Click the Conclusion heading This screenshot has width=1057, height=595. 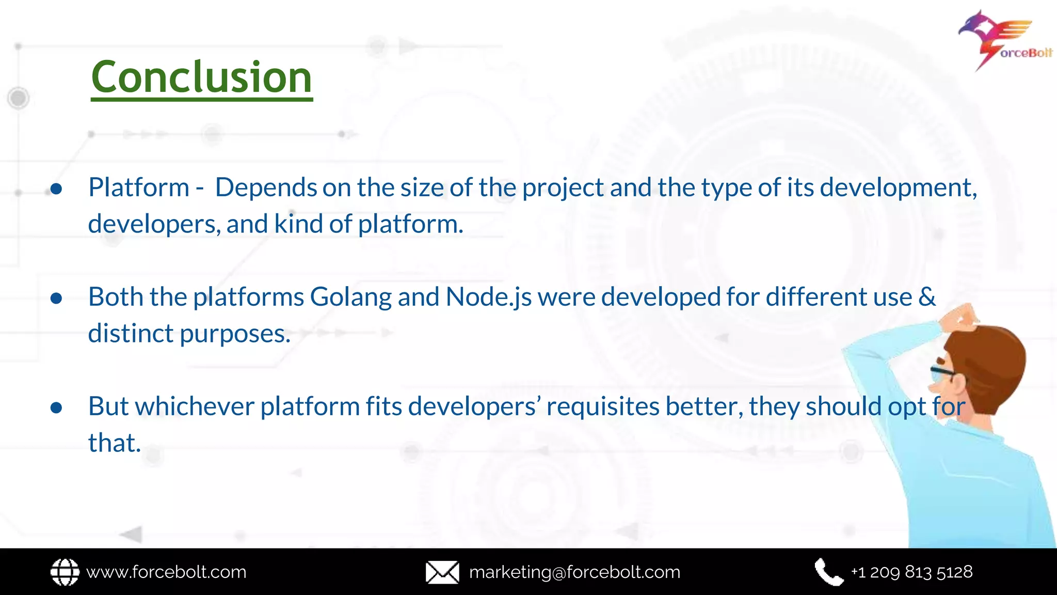click(201, 77)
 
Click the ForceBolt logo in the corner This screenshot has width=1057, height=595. click(1004, 40)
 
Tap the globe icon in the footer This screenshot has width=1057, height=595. click(65, 572)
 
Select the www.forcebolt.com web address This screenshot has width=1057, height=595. click(166, 572)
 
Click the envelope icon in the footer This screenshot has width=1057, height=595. click(442, 572)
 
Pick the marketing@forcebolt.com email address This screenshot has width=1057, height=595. click(574, 572)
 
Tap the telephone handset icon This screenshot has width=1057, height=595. click(828, 572)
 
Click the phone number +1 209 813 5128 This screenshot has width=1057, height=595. click(911, 572)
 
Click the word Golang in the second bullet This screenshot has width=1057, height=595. click(350, 297)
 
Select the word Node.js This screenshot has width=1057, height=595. click(488, 297)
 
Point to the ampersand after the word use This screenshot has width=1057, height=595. click(927, 297)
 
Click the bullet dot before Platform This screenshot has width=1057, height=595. click(57, 189)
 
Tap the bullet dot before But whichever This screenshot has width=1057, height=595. click(57, 408)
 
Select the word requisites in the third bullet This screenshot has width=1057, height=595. click(602, 406)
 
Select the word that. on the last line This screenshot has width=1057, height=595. click(115, 443)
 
